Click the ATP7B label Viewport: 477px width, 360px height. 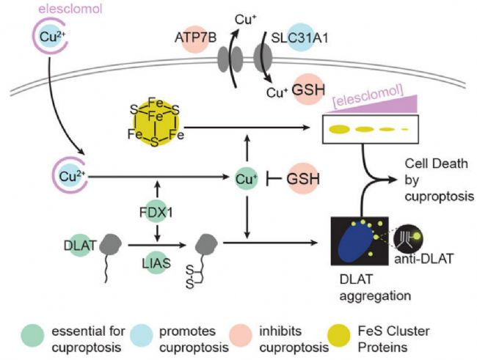coord(195,39)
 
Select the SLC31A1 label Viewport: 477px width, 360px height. coord(299,38)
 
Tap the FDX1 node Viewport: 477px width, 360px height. coord(156,213)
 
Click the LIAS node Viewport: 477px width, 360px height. coord(156,262)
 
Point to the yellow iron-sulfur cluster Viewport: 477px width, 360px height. coord(156,122)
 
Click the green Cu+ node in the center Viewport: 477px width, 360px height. coord(247,179)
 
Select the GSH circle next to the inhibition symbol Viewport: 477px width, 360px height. coord(302,178)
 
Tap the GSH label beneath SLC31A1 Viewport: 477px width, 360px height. coord(308,89)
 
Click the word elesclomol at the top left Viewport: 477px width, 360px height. coord(70,9)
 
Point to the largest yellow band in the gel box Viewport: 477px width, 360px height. coord(339,129)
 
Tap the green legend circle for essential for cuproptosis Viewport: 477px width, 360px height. coord(32,335)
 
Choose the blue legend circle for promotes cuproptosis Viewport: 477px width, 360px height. coord(142,335)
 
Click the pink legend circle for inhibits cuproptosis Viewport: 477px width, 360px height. coord(241,335)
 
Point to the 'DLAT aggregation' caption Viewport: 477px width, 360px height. coord(375,287)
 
